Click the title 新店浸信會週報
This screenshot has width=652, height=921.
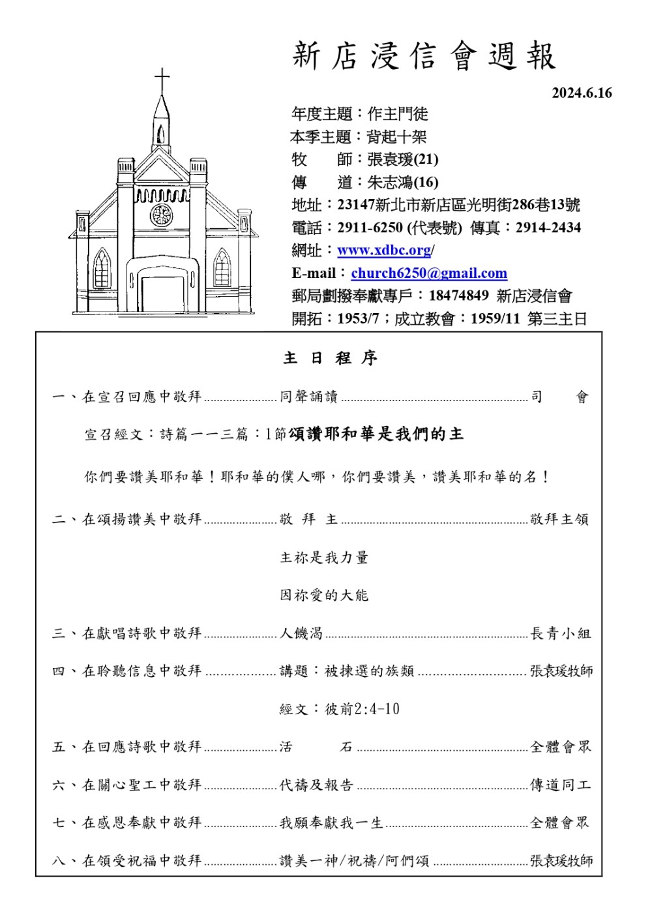(x=424, y=56)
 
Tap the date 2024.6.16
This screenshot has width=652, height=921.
(x=582, y=93)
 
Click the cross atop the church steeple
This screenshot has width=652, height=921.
(x=162, y=80)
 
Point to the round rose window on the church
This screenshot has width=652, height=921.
(x=161, y=215)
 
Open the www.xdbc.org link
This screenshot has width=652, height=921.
(x=384, y=250)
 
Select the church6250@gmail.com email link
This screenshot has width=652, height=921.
(x=429, y=273)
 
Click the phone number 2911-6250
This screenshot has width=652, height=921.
(x=370, y=228)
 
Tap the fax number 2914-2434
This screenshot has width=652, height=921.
(x=548, y=228)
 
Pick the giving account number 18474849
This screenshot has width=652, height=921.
(x=458, y=296)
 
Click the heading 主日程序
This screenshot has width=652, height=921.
(x=330, y=358)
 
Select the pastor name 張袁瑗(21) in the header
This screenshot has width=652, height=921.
(x=402, y=159)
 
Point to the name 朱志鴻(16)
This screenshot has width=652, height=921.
(x=402, y=182)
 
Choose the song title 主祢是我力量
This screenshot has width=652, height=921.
(x=324, y=558)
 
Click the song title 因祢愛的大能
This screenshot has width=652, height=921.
(x=324, y=596)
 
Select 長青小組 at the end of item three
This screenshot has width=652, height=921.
(x=560, y=633)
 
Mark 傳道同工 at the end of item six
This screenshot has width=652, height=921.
(x=560, y=785)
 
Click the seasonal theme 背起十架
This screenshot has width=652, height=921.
(x=396, y=137)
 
